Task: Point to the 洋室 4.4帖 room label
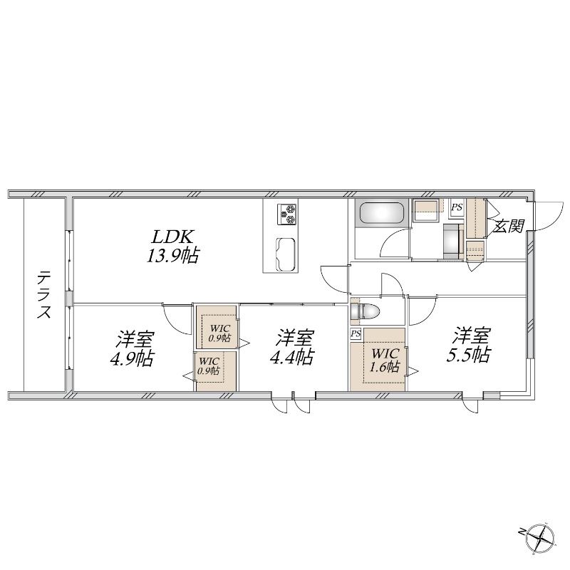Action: tap(292, 347)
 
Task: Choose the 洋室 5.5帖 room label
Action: tap(469, 345)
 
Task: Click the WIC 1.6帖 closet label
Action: tap(385, 361)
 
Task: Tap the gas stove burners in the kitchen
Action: tap(287, 214)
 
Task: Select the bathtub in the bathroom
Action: tap(382, 213)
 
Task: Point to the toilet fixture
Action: tap(365, 312)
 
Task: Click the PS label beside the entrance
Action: tap(457, 207)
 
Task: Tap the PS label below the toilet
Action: tap(356, 333)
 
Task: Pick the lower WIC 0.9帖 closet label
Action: tap(209, 366)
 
